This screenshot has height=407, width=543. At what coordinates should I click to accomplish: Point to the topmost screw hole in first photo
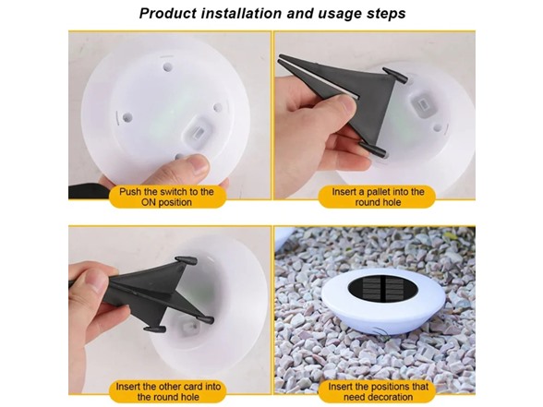pos(167,66)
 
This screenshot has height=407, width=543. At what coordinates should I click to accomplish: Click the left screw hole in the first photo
pos(127,117)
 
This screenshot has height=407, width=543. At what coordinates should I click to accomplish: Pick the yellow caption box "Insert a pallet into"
pos(372,197)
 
